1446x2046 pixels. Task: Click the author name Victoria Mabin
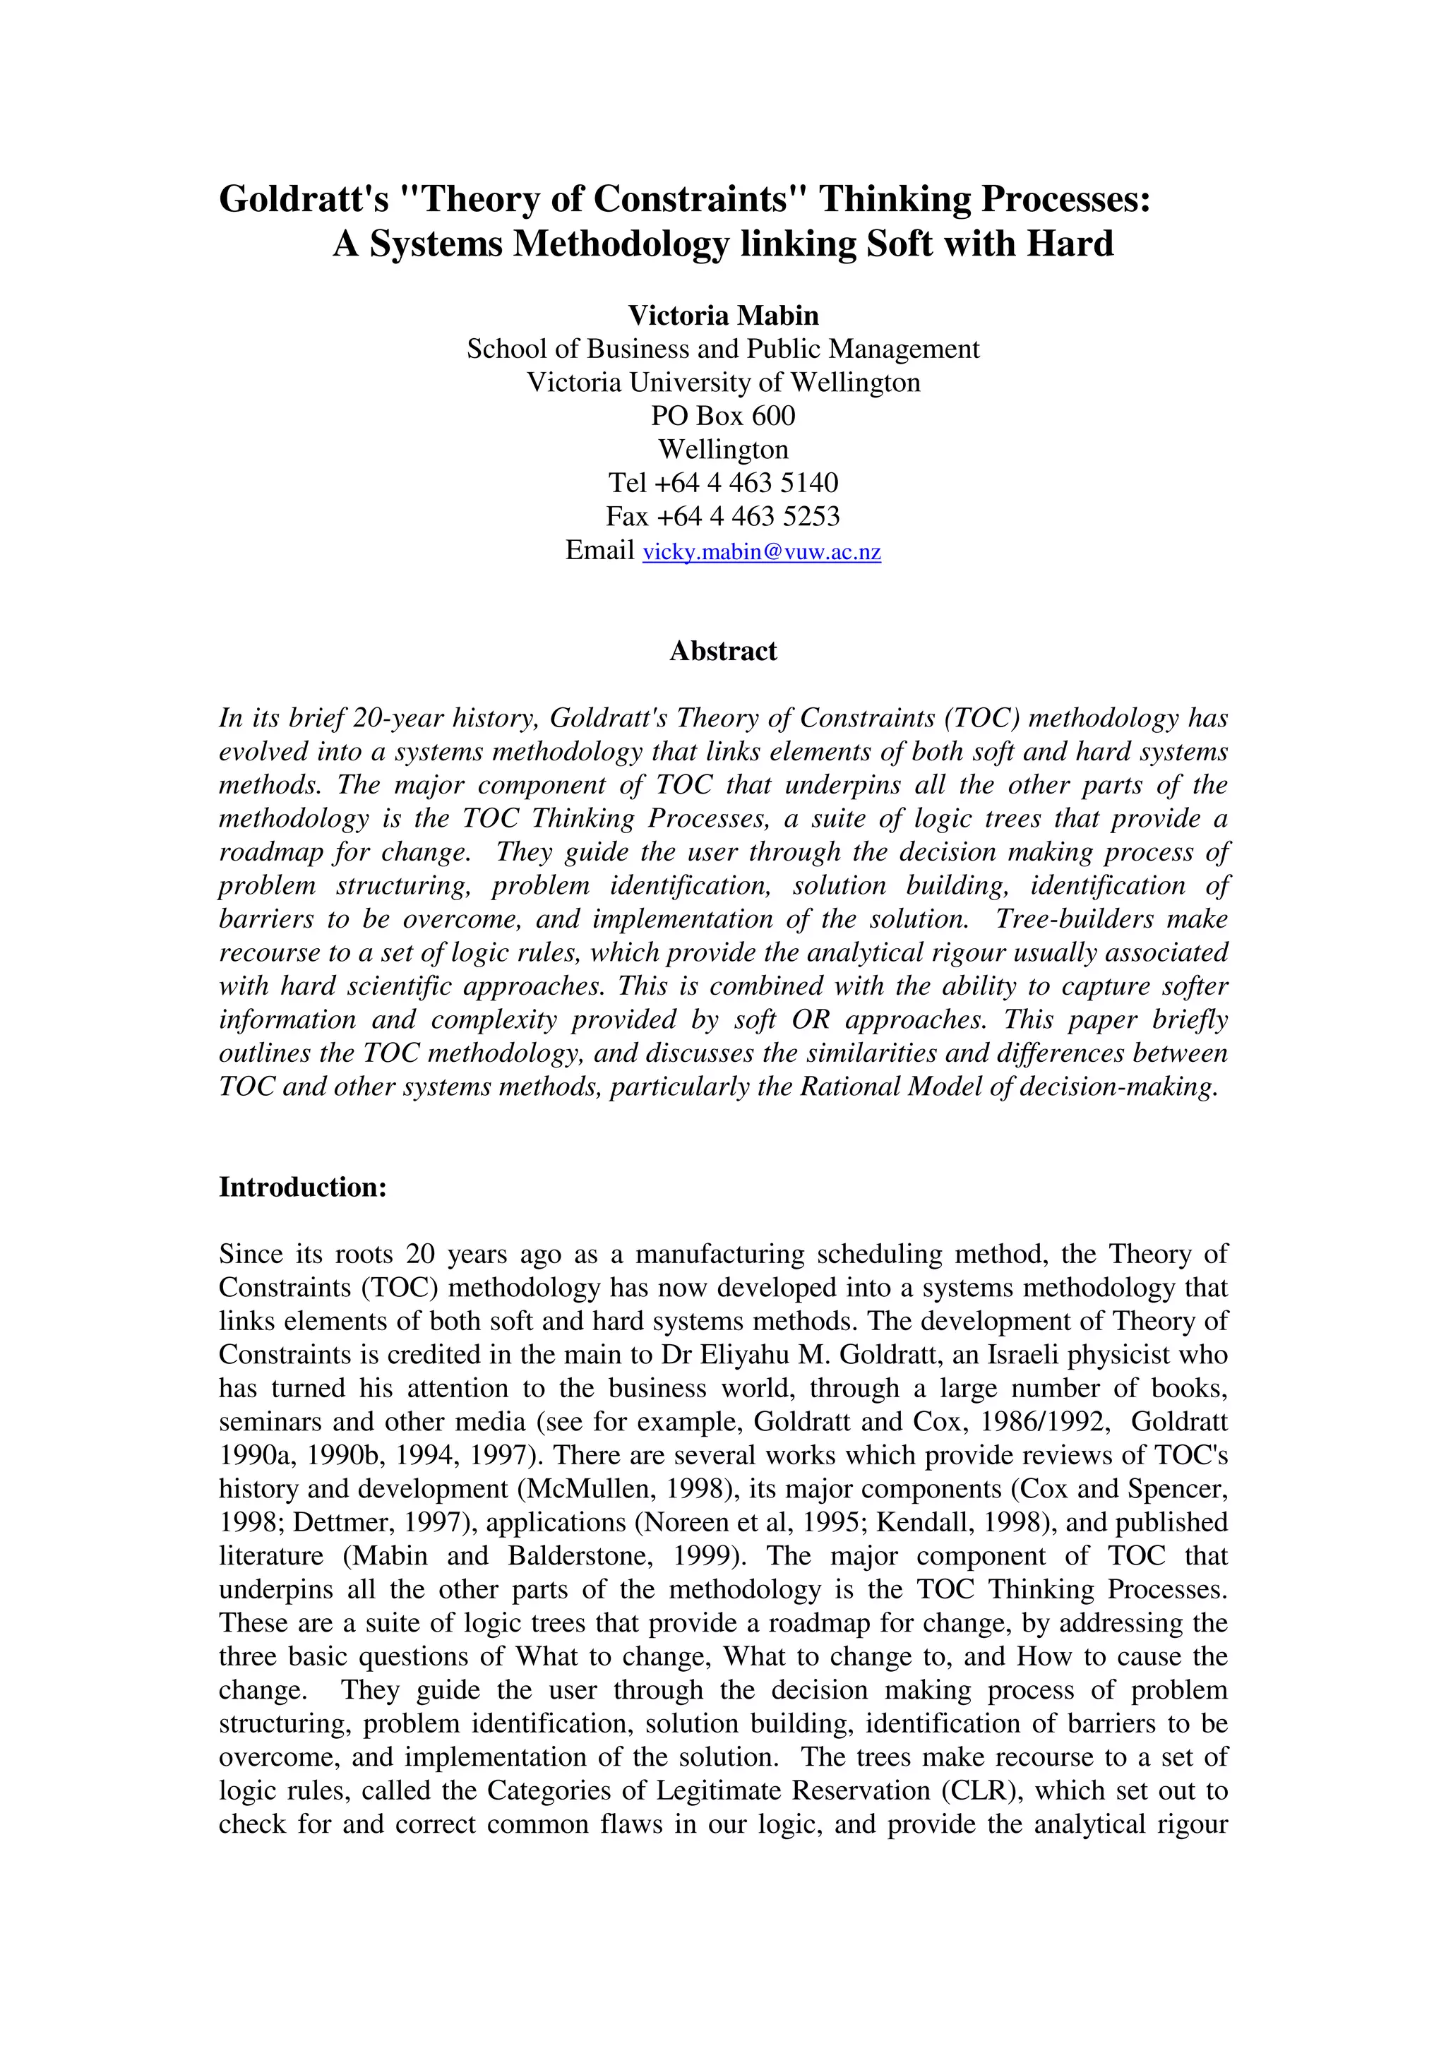pyautogui.click(x=722, y=316)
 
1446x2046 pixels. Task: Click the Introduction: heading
pyautogui.click(x=303, y=1187)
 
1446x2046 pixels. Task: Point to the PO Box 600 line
pyautogui.click(x=722, y=415)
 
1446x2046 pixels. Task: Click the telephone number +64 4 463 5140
pyautogui.click(x=746, y=482)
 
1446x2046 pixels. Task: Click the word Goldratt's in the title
pyautogui.click(x=304, y=198)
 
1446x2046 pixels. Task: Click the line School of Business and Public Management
pyautogui.click(x=722, y=349)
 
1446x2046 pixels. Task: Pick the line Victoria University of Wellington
pyautogui.click(x=722, y=382)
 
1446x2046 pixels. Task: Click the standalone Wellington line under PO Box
pyautogui.click(x=722, y=449)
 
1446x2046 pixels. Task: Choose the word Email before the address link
pyautogui.click(x=599, y=550)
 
